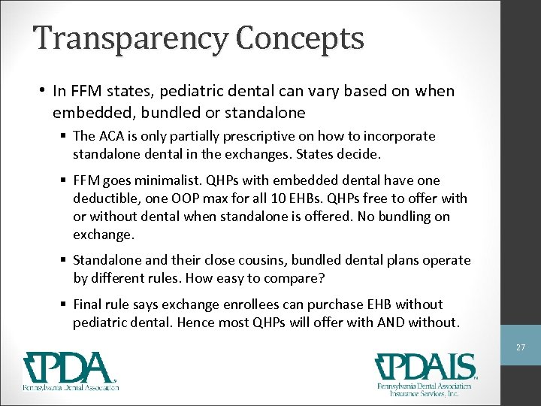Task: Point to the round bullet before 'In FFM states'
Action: (44, 91)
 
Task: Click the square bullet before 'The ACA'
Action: (65, 136)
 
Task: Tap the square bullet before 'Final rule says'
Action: (65, 304)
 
